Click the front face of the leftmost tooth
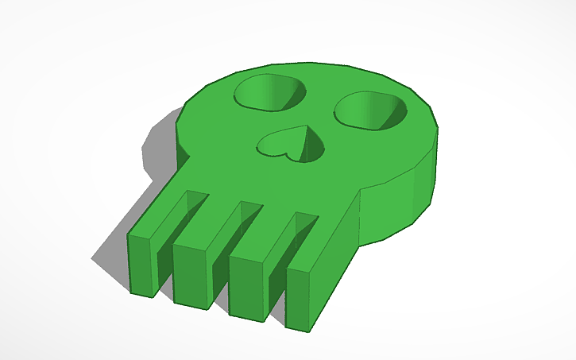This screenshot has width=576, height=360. [x=143, y=265]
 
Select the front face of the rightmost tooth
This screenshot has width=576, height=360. [x=303, y=300]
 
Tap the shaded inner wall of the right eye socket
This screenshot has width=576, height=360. [x=393, y=111]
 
